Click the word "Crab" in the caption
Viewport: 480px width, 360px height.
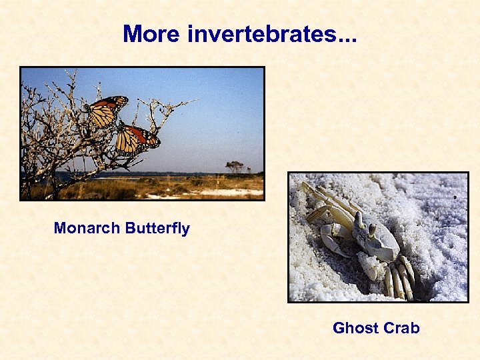point(401,328)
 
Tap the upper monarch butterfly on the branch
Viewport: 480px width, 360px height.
point(107,111)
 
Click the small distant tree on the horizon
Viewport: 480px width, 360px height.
point(235,165)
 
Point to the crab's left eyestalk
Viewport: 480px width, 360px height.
point(359,220)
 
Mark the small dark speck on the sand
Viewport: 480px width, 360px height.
point(455,198)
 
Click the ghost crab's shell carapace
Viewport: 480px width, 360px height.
point(380,243)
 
